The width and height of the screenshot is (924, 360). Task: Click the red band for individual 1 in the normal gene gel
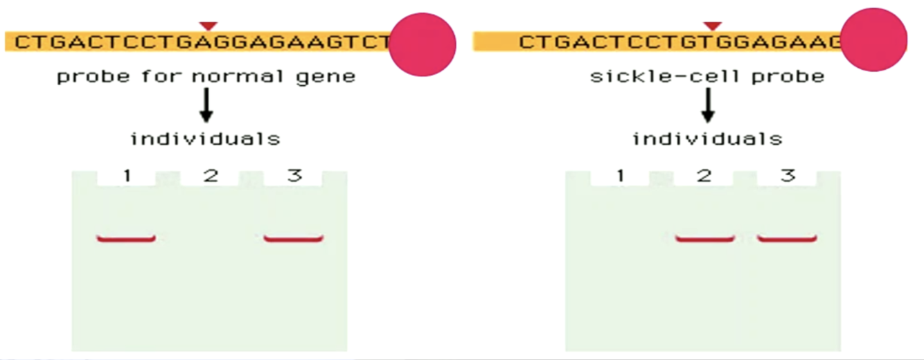pyautogui.click(x=126, y=239)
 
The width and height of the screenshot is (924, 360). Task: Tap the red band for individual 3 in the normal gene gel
pyautogui.click(x=294, y=239)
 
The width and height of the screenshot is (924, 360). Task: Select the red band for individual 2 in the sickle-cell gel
pyautogui.click(x=704, y=239)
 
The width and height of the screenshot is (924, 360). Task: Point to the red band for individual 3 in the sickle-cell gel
pyautogui.click(x=787, y=239)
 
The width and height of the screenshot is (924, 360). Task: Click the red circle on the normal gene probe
pyautogui.click(x=423, y=44)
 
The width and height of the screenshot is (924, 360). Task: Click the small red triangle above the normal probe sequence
pyautogui.click(x=207, y=26)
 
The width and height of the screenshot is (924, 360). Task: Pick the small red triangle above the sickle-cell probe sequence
pyautogui.click(x=712, y=26)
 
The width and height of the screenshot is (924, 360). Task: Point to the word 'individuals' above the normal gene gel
pyautogui.click(x=206, y=139)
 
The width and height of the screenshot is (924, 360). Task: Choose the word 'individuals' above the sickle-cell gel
pyautogui.click(x=707, y=139)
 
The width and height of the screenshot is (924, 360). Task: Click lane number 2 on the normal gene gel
pyautogui.click(x=211, y=176)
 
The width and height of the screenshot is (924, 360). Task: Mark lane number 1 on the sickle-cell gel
pyautogui.click(x=621, y=176)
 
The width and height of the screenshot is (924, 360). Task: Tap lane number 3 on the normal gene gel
pyautogui.click(x=294, y=176)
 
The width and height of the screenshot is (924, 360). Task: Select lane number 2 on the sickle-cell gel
pyautogui.click(x=704, y=176)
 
